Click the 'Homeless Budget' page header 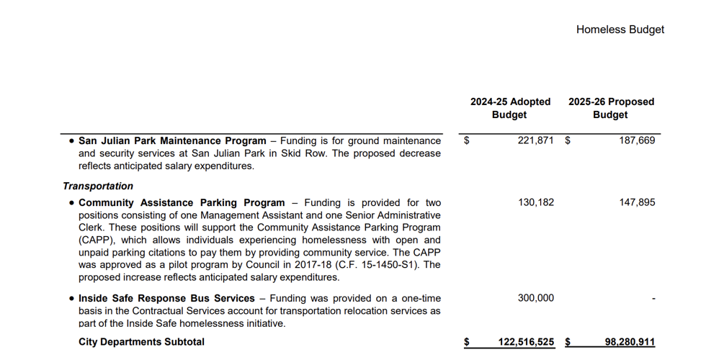[620, 30]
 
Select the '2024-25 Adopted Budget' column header [510, 108]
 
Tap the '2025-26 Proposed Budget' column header [611, 108]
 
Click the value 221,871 [536, 140]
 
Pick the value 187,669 [637, 140]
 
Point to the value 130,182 [536, 202]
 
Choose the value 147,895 [637, 202]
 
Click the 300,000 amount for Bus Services [536, 298]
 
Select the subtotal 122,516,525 [526, 342]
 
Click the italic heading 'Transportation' [98, 186]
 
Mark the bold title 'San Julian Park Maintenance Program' [172, 140]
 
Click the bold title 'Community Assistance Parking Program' [182, 202]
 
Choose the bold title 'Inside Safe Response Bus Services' [166, 298]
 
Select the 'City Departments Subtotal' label [141, 342]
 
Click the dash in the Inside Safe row [653, 299]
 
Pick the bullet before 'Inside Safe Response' [71, 298]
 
